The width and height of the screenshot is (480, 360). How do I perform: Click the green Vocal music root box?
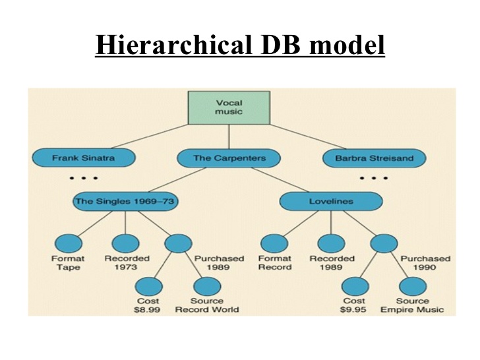[x=229, y=107]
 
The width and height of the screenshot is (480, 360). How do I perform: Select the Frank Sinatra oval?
[x=83, y=159]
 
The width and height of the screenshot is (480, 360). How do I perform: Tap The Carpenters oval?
[x=228, y=159]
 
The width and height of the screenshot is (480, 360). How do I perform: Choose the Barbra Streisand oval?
[x=374, y=159]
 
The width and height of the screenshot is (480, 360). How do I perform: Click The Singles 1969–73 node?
[x=125, y=201]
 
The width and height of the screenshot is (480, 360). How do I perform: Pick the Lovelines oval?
[x=331, y=201]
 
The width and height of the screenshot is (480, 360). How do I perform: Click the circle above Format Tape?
[x=68, y=243]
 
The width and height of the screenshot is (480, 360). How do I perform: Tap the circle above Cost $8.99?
[x=148, y=286]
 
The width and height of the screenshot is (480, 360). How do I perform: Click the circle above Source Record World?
[x=206, y=286]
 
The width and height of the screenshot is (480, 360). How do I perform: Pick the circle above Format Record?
[x=274, y=243]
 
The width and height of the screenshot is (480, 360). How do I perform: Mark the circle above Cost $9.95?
[x=355, y=286]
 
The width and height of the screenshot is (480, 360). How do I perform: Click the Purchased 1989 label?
[x=219, y=263]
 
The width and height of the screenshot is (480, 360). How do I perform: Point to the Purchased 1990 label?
[x=425, y=263]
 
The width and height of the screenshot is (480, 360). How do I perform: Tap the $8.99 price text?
[x=148, y=310]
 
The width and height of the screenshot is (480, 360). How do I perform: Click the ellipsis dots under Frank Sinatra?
[x=83, y=179]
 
